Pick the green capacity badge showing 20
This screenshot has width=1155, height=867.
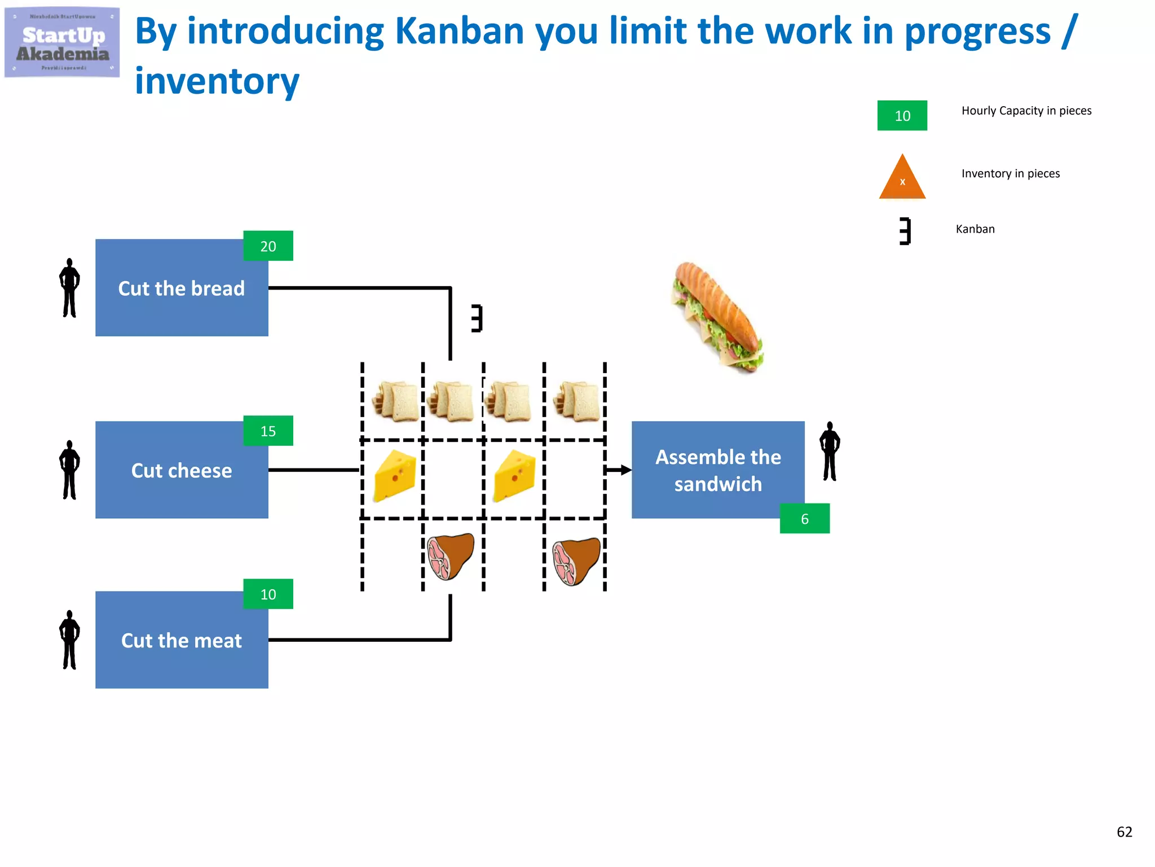click(x=268, y=246)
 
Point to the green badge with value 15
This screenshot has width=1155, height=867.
click(x=268, y=431)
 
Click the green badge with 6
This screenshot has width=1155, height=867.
click(x=804, y=518)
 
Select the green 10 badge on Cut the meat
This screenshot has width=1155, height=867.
click(x=268, y=594)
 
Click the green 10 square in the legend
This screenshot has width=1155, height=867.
click(x=902, y=116)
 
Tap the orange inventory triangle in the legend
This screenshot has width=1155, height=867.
click(x=902, y=179)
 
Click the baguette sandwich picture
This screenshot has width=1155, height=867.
click(x=717, y=317)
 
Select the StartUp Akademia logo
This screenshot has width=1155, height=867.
click(x=62, y=43)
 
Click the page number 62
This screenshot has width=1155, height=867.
click(x=1124, y=831)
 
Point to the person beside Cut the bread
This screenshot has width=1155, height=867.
click(x=69, y=288)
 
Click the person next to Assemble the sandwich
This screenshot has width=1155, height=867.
click(x=830, y=451)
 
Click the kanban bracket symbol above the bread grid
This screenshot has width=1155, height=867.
click(x=477, y=318)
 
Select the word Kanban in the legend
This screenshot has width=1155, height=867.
click(x=975, y=229)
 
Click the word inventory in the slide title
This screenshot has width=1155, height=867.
click(x=217, y=81)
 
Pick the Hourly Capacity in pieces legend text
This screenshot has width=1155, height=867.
click(x=1026, y=111)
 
